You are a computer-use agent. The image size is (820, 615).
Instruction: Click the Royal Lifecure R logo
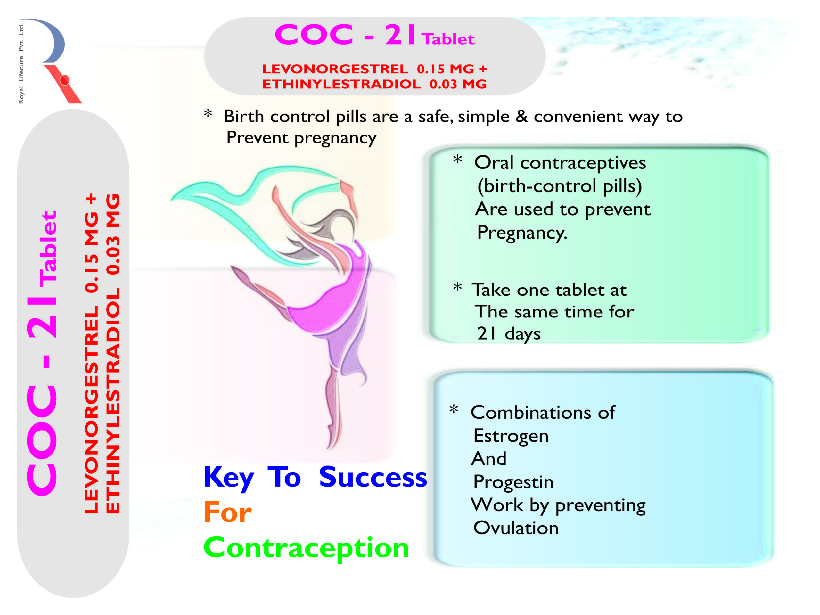pyautogui.click(x=56, y=61)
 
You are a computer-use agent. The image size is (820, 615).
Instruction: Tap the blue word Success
pyautogui.click(x=373, y=477)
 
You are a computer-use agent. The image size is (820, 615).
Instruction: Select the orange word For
pyautogui.click(x=228, y=512)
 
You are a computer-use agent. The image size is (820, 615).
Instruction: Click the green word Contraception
pyautogui.click(x=306, y=547)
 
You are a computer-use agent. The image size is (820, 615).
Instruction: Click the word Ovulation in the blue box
pyautogui.click(x=516, y=528)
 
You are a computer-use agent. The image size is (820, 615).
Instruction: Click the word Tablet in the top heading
pyautogui.click(x=448, y=39)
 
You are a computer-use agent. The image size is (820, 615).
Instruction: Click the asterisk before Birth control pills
pyautogui.click(x=208, y=113)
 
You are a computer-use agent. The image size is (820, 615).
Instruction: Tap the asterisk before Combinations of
pyautogui.click(x=454, y=410)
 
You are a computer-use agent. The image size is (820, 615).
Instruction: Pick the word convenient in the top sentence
pyautogui.click(x=578, y=117)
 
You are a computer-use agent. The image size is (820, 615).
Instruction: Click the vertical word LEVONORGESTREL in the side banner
pyautogui.click(x=92, y=410)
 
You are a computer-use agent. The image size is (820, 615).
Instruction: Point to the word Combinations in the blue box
pyautogui.click(x=531, y=413)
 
